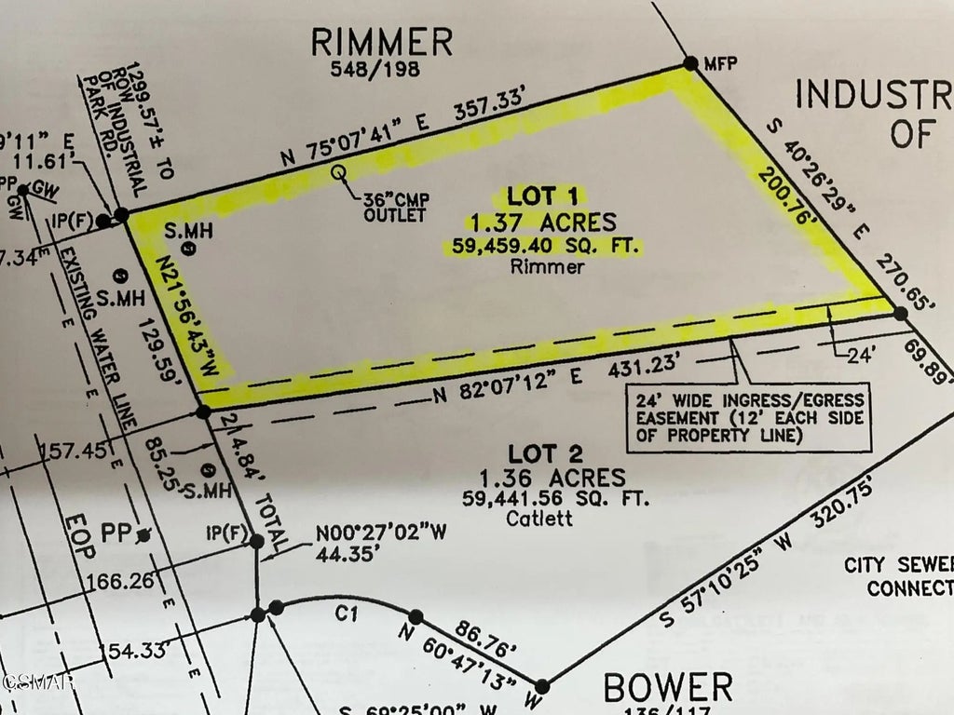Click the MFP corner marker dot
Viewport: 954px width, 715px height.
(x=690, y=63)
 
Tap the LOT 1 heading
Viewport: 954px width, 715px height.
(x=543, y=196)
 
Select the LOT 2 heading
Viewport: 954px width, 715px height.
(x=548, y=454)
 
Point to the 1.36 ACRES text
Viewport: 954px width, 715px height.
(x=552, y=479)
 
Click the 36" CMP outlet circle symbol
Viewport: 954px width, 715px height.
(x=339, y=172)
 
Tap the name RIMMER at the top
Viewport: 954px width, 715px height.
(x=382, y=42)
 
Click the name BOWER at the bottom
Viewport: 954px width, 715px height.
(x=668, y=688)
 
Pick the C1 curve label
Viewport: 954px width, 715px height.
(x=347, y=615)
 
